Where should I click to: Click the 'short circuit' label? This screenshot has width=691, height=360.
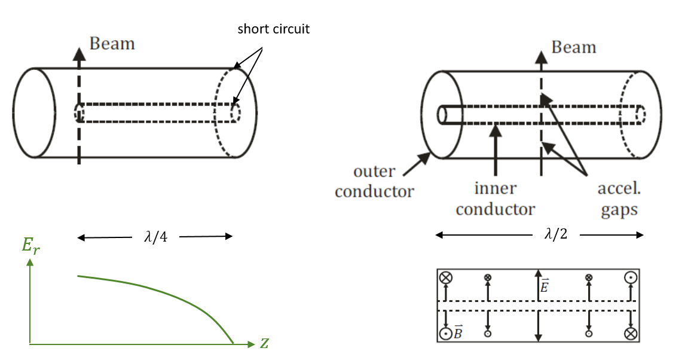point(273,29)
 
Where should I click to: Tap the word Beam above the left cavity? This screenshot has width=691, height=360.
point(112,44)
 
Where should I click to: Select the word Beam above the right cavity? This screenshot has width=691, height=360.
point(574,47)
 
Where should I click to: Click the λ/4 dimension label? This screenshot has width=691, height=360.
point(155,237)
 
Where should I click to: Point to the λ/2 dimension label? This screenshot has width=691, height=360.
point(556,234)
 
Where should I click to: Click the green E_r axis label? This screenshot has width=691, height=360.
point(30,245)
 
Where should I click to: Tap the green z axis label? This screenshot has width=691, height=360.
point(264,343)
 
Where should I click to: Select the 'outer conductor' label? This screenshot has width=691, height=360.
point(374,181)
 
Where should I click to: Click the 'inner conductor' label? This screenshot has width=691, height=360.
point(496,199)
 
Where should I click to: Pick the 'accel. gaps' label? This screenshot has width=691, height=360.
point(619,199)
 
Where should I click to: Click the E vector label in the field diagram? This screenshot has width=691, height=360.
point(544,285)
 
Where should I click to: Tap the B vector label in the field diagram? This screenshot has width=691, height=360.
point(458,332)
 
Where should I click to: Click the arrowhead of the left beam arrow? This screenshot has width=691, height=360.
point(79,54)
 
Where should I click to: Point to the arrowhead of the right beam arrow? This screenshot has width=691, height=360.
point(541,57)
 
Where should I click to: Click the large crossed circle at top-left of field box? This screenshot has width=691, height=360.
point(446,277)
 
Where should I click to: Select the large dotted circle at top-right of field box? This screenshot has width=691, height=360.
point(631,277)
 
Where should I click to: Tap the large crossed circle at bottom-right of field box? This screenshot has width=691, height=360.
point(631,334)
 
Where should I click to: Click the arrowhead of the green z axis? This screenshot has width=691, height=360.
point(252,344)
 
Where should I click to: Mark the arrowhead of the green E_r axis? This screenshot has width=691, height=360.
point(30,262)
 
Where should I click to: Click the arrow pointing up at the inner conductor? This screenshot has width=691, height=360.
point(496,150)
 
